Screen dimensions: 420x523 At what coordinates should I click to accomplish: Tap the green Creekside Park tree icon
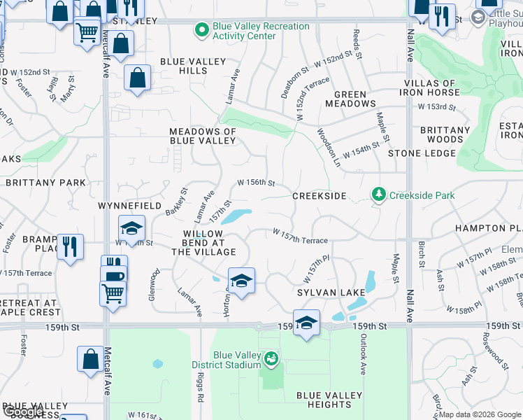tap(379, 195)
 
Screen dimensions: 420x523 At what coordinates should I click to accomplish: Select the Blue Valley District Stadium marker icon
tap(271, 359)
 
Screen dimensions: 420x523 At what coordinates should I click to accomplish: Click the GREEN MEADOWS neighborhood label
tap(350, 99)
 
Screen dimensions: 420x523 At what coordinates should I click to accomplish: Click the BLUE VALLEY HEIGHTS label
tap(329, 400)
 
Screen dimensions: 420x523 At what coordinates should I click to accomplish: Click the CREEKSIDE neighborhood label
tap(319, 196)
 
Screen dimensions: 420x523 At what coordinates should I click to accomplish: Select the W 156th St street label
tap(256, 182)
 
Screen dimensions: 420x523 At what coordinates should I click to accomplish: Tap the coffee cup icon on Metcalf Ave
tap(113, 274)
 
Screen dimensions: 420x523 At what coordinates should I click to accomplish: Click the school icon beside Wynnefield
tap(131, 228)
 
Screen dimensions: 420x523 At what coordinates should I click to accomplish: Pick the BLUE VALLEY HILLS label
tap(193, 66)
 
